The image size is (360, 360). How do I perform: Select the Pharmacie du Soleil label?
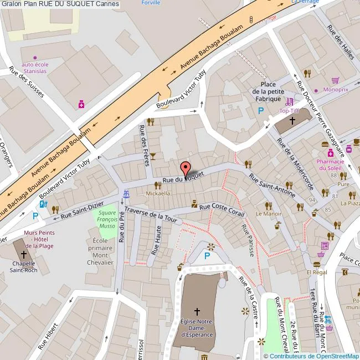tap(331, 164)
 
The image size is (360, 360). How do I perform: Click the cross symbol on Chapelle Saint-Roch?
tap(24, 255)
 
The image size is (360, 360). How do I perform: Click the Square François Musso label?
tap(107, 220)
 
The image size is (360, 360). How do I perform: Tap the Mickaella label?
tap(158, 193)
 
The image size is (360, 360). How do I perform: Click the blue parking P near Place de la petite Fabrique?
tap(261, 111)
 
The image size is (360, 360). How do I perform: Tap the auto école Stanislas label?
tap(35, 68)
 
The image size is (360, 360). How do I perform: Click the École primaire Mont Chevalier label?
tap(100, 252)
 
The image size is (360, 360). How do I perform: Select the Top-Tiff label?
tap(289, 111)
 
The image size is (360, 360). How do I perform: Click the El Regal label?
tap(317, 272)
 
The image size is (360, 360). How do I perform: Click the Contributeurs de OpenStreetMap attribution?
tap(311, 356)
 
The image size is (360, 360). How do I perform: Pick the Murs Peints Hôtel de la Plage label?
tap(39, 239)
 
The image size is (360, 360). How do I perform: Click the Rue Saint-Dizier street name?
tap(82, 210)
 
